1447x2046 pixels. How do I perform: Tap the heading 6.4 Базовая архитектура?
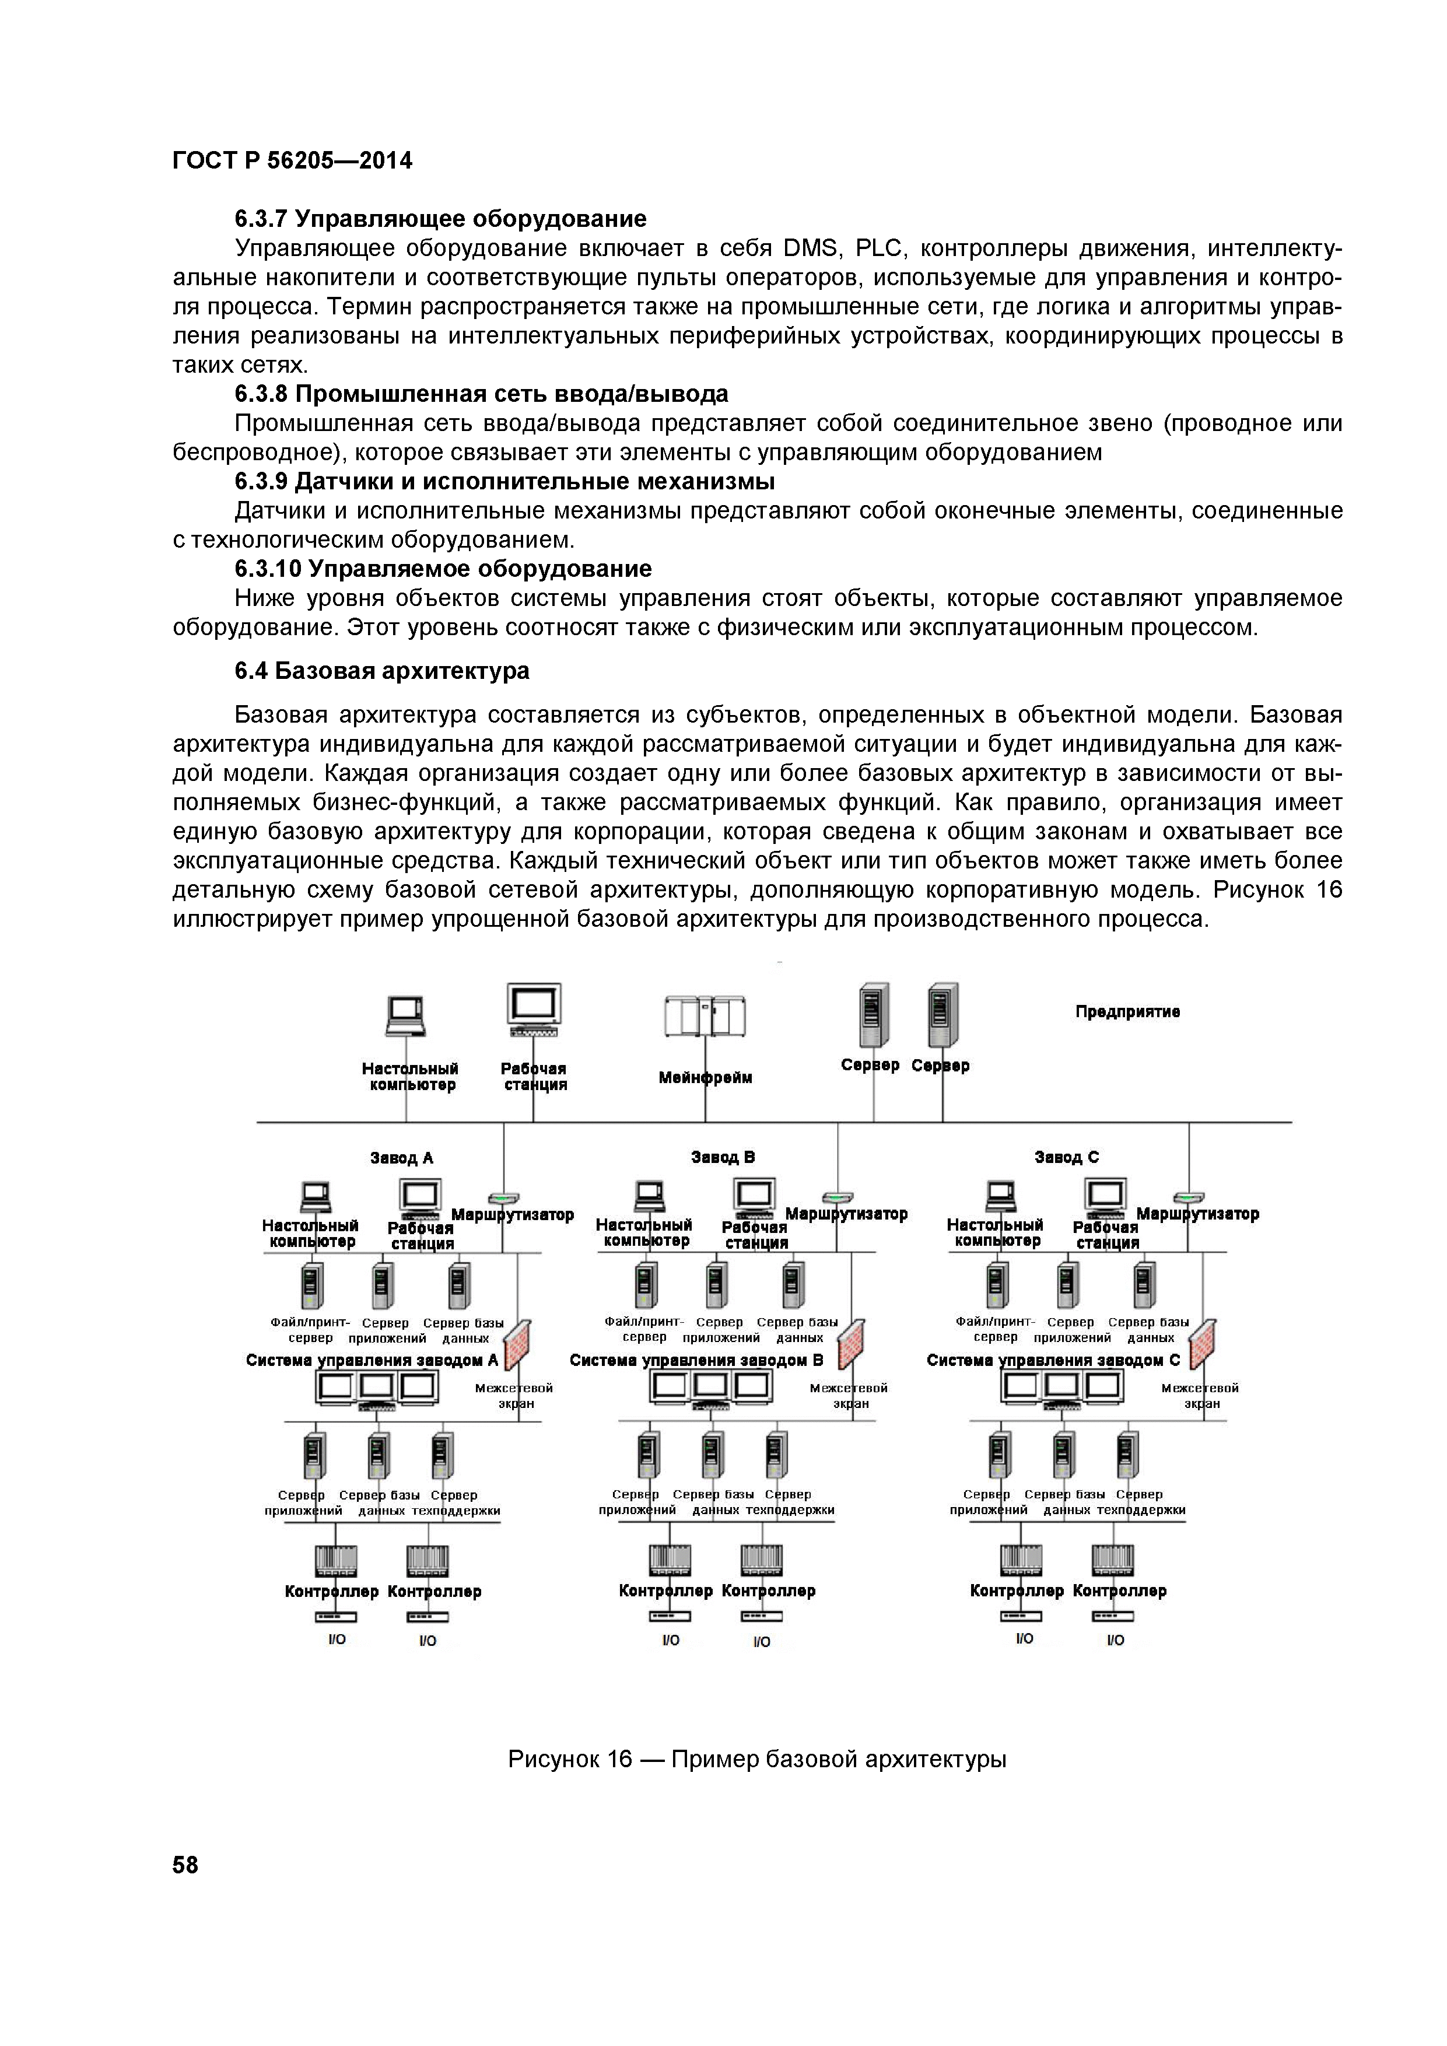(x=381, y=670)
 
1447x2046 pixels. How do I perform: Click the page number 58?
(x=185, y=1865)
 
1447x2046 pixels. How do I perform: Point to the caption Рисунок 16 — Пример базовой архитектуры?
(x=756, y=1759)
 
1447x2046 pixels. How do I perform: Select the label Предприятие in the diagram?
(x=1127, y=1011)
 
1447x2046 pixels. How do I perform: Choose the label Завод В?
(x=723, y=1157)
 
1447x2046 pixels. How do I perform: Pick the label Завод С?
(x=1067, y=1157)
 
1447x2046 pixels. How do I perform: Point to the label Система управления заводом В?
(x=696, y=1360)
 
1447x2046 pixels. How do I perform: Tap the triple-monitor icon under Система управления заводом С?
(x=1061, y=1386)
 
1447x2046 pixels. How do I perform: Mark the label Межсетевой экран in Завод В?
(x=848, y=1396)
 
